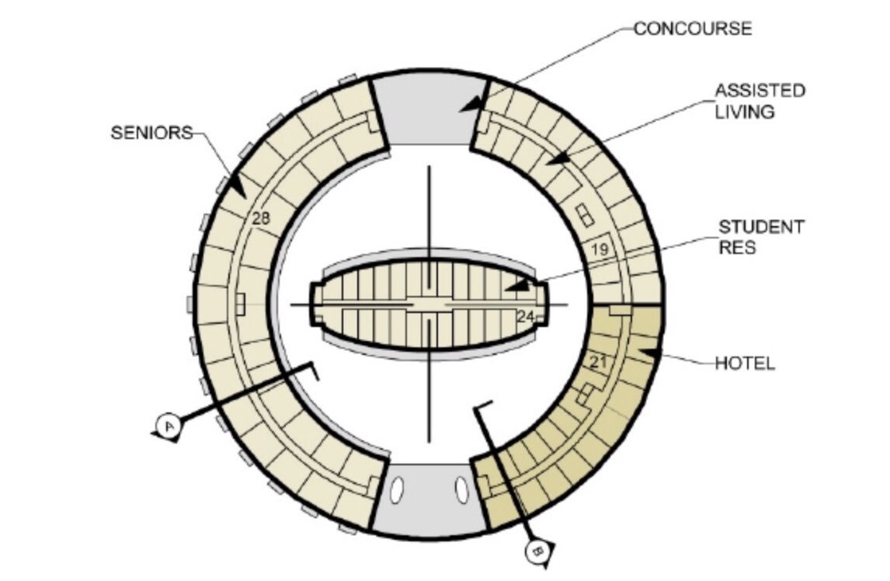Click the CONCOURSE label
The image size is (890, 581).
click(693, 29)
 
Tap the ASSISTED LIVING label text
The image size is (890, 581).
click(760, 101)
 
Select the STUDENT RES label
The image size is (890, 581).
click(761, 237)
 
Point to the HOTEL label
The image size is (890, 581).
click(745, 363)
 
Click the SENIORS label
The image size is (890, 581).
click(151, 133)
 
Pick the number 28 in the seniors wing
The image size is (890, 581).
click(261, 218)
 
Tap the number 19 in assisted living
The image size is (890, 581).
click(598, 249)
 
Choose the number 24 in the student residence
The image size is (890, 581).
click(525, 316)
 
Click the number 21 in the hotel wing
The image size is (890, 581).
click(598, 361)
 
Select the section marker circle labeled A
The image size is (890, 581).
click(169, 425)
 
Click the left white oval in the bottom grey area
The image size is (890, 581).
click(398, 491)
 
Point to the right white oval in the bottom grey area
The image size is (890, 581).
click(462, 490)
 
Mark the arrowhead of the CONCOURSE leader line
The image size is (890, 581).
click(469, 103)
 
